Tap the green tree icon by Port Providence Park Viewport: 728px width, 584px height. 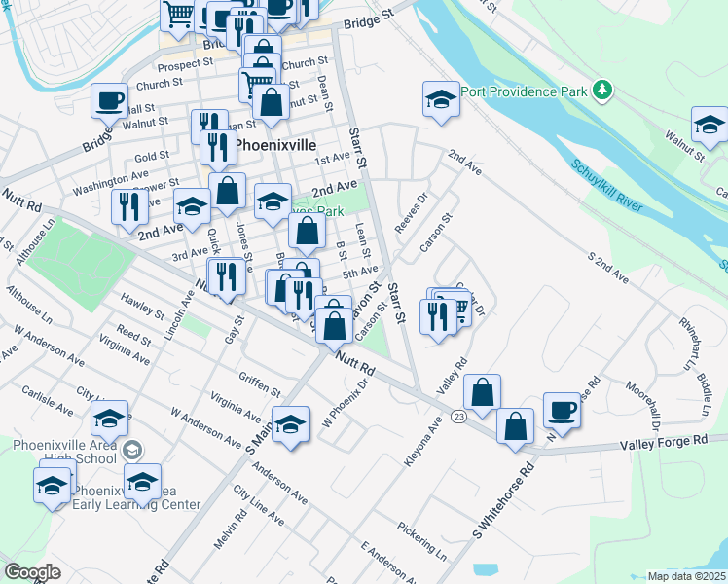603,91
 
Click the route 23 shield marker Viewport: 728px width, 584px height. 459,417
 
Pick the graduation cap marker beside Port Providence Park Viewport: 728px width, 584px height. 441,98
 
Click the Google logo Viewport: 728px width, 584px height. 32,571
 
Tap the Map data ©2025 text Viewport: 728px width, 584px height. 685,576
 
